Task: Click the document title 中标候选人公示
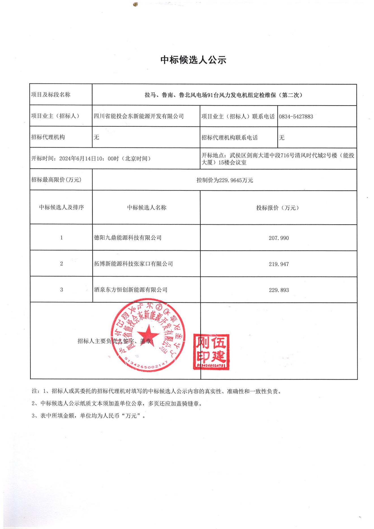point(193,60)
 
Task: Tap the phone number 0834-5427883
point(296,117)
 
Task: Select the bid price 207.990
point(279,238)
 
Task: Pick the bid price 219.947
point(279,264)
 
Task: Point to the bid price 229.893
point(279,290)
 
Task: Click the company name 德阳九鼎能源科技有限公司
point(128,238)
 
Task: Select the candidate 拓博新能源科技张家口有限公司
point(133,264)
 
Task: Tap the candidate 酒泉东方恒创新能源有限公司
point(131,290)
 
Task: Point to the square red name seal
point(211,352)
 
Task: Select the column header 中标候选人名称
point(147,207)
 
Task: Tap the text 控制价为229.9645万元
point(225,180)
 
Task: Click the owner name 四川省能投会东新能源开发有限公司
point(139,116)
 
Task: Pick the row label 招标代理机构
point(48,137)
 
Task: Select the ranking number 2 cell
point(61,264)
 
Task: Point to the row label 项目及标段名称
point(51,95)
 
